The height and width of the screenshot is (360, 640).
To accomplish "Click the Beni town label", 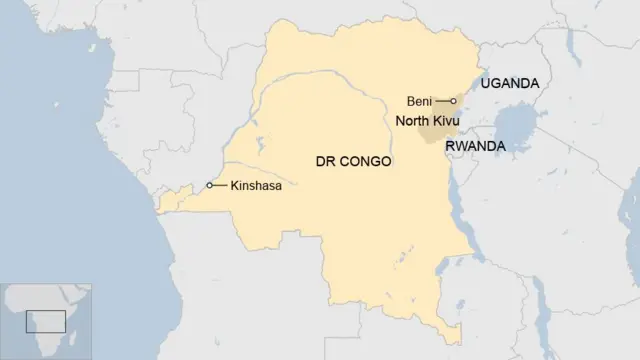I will point(419,101).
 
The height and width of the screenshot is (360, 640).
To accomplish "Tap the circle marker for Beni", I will point(454,101).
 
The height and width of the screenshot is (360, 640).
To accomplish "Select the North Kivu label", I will point(427,121).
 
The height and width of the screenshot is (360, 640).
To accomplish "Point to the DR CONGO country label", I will point(353,161).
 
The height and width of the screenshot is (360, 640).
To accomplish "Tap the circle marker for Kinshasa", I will point(210,185).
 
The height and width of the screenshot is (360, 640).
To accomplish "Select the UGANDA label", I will point(510,84).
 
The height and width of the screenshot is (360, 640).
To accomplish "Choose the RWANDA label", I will point(475,146).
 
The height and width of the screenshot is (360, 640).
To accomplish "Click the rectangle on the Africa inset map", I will point(46,322).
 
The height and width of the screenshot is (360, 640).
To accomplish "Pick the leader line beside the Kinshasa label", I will point(220,185).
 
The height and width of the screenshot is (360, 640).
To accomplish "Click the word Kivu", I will point(445,121).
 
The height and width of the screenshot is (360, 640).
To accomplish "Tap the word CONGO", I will point(365,161).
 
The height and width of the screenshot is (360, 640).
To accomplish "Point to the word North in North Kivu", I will point(411,121).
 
